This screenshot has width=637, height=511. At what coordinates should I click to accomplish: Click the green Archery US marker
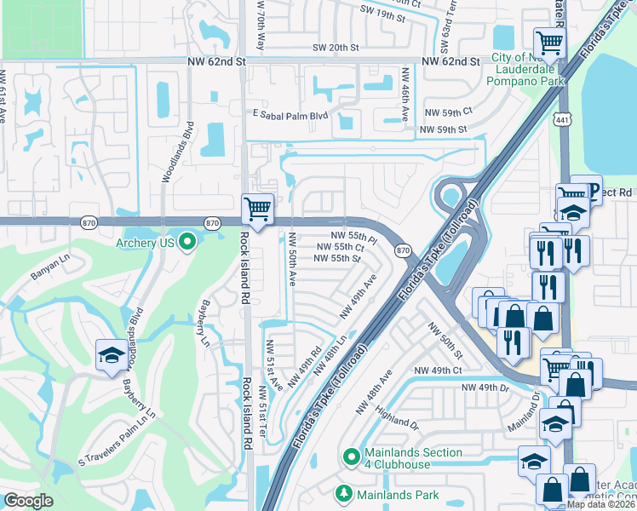click(x=187, y=243)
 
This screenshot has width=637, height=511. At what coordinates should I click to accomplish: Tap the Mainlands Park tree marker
click(x=343, y=493)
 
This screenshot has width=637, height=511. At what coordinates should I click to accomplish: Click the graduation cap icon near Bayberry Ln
click(x=111, y=356)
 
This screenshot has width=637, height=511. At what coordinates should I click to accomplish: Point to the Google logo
click(x=28, y=501)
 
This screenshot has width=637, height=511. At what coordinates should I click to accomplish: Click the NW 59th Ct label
click(x=448, y=112)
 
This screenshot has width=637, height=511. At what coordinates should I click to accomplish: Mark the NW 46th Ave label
click(x=406, y=101)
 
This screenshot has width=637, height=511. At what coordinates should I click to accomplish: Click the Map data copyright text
click(x=601, y=504)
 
